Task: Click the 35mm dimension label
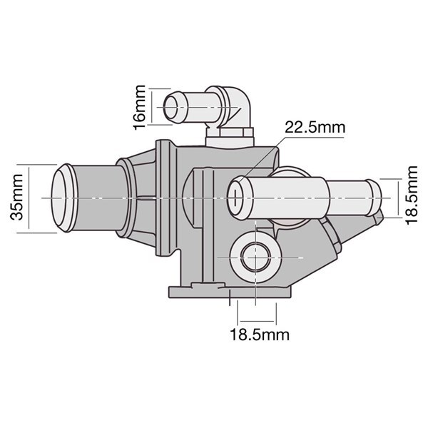[16, 197]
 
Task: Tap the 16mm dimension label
[139, 107]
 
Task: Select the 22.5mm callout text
[315, 127]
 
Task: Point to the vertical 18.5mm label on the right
[412, 195]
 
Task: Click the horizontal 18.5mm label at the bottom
[260, 335]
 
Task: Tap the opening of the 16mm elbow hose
[171, 107]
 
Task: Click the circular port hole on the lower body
[255, 258]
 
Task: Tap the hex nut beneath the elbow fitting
[230, 133]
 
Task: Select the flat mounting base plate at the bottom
[230, 292]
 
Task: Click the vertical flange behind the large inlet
[163, 198]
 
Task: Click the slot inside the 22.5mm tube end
[235, 198]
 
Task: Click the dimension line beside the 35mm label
[29, 198]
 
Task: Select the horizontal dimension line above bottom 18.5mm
[257, 321]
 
